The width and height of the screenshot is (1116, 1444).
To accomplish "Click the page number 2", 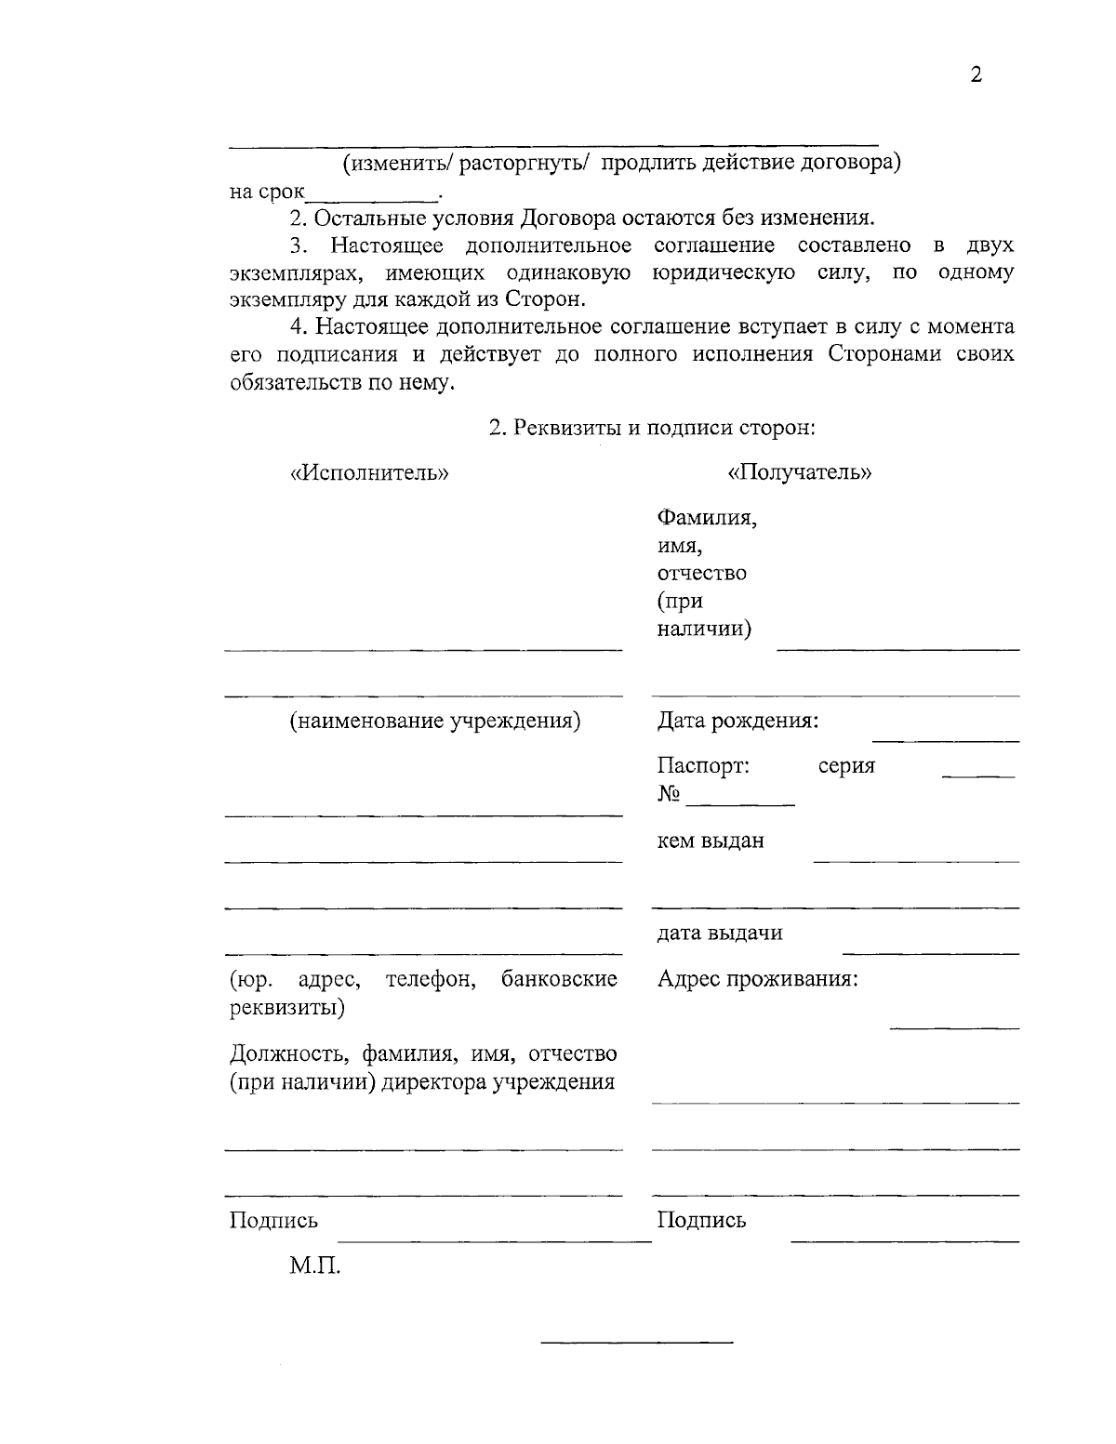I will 976,76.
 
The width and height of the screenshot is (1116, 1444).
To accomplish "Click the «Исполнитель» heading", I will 369,472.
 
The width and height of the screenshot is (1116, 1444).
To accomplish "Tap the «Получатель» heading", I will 800,472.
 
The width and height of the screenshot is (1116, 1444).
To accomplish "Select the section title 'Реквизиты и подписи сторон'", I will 652,428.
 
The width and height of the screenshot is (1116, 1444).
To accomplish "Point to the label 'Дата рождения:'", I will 737,721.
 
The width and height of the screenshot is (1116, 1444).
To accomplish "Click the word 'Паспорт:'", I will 703,766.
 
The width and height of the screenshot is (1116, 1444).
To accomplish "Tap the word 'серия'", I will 846,766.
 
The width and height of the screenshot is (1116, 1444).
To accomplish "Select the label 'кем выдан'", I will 711,841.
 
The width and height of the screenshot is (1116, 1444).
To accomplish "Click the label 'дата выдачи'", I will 720,933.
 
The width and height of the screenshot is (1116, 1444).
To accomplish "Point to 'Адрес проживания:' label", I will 757,979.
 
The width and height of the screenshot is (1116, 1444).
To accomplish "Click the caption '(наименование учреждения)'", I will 435,721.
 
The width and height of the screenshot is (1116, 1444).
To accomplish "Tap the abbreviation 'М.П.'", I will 314,1265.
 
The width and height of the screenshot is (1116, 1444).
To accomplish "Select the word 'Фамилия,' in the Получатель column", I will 707,517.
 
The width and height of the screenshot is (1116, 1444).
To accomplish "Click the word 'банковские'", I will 559,979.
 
